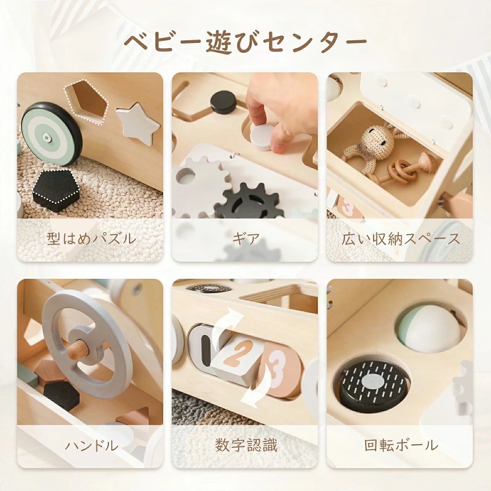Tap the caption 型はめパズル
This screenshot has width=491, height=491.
[x=91, y=239]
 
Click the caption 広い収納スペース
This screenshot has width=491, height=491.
[x=400, y=239]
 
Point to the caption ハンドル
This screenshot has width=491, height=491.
[x=91, y=446]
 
